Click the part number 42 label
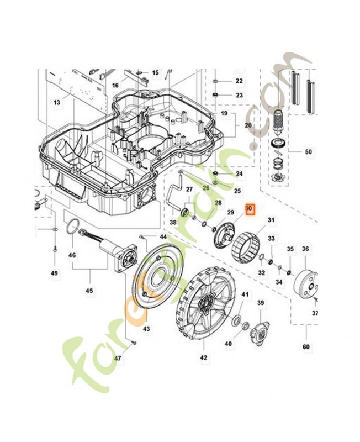[203, 358]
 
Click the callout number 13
[56, 103]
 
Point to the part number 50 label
[308, 151]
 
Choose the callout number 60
[306, 347]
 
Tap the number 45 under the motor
[90, 290]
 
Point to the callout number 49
[54, 273]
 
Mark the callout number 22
[239, 81]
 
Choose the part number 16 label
[115, 85]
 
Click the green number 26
[206, 187]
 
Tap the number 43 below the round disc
[146, 329]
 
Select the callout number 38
[173, 223]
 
